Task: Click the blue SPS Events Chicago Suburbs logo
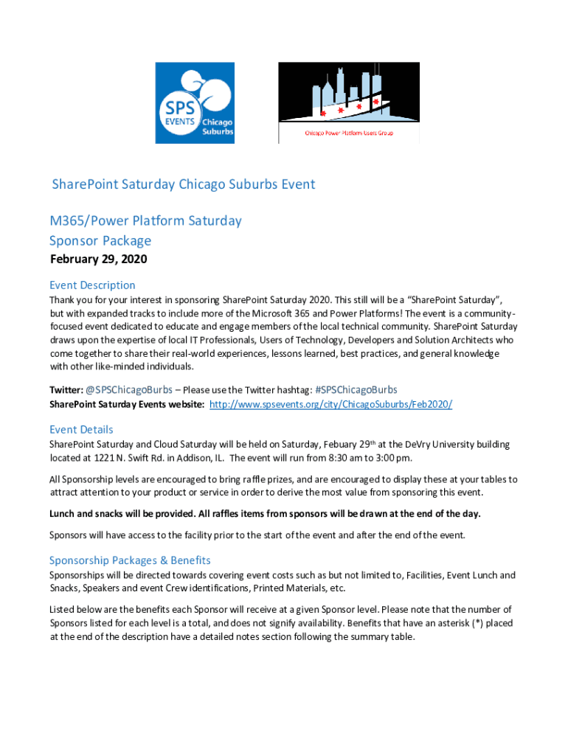(x=195, y=102)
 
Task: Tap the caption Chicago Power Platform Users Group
(x=348, y=134)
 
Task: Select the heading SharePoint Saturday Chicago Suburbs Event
(x=183, y=184)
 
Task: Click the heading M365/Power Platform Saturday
(x=145, y=220)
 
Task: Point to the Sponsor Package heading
(x=100, y=240)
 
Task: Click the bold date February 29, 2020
(x=98, y=260)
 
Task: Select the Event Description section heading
(x=92, y=285)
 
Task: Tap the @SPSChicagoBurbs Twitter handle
(x=129, y=389)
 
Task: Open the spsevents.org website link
(x=330, y=405)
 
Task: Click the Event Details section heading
(x=81, y=429)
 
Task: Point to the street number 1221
(x=104, y=458)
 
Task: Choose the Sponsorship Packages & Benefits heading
(x=130, y=560)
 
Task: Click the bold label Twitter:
(x=66, y=389)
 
